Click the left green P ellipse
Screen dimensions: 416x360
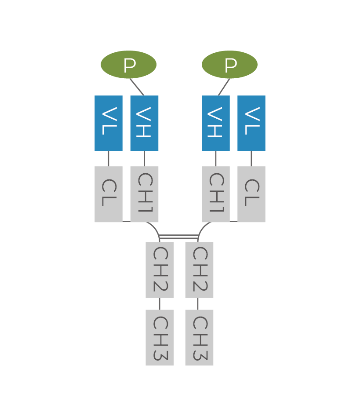point(128,65)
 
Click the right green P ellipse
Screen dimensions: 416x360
point(229,65)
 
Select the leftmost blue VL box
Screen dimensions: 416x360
point(109,123)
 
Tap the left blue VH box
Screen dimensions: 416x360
point(144,123)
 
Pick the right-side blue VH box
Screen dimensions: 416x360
point(215,123)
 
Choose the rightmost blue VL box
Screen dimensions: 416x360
point(251,123)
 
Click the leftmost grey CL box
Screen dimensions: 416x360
point(109,194)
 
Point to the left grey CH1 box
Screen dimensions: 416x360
point(144,194)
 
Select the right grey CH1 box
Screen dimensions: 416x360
point(215,194)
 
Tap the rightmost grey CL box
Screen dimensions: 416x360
point(251,194)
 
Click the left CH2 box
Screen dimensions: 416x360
point(160,270)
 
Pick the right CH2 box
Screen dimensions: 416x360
point(199,270)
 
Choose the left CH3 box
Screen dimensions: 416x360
point(160,337)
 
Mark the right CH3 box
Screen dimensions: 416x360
point(199,337)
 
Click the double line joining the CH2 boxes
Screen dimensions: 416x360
point(179,237)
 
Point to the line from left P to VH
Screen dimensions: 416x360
point(137,87)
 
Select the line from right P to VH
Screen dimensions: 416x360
point(224,87)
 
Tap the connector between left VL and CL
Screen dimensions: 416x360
point(109,159)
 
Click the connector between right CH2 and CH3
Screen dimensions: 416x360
point(198,303)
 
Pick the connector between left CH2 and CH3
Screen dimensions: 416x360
point(160,303)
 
